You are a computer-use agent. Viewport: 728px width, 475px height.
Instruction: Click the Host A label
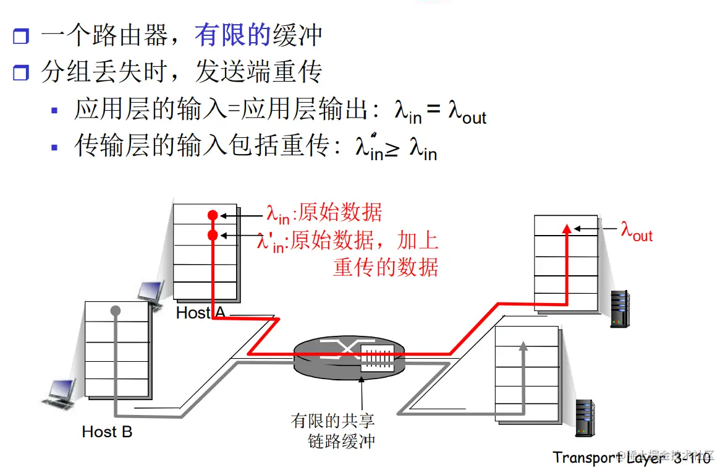click(200, 313)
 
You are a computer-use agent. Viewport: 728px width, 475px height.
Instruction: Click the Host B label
click(107, 432)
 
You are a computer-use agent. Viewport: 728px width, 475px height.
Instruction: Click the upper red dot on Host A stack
click(213, 216)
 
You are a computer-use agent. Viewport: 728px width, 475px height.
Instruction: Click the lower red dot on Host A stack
click(213, 235)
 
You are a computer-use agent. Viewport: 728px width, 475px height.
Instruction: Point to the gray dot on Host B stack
click(115, 310)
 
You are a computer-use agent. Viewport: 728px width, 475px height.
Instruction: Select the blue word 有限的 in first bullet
click(233, 35)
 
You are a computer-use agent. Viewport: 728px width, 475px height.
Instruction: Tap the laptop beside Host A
click(151, 293)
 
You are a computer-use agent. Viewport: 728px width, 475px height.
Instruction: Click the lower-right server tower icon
click(585, 418)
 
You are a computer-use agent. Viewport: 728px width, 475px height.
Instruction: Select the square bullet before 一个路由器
click(21, 36)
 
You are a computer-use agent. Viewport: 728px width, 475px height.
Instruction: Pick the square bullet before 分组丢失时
click(21, 74)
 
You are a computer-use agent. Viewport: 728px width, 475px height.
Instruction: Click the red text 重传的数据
click(386, 267)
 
